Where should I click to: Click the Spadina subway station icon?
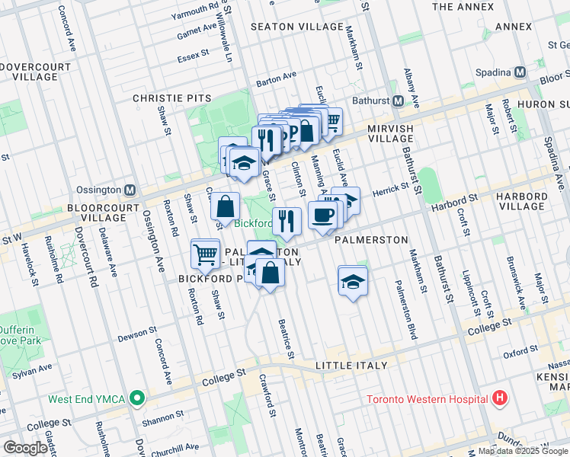click(x=520, y=72)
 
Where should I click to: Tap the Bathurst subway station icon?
click(x=398, y=101)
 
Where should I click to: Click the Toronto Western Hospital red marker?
click(x=499, y=398)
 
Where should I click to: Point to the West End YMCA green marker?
click(x=136, y=398)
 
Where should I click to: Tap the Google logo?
click(x=25, y=448)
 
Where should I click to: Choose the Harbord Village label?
click(x=520, y=201)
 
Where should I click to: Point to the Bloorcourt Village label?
click(x=101, y=212)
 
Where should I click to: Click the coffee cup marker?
click(x=322, y=215)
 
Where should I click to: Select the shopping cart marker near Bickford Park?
click(x=206, y=254)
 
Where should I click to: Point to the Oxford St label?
click(x=520, y=352)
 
